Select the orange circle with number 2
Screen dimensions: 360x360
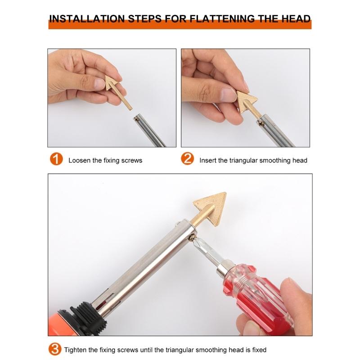188,159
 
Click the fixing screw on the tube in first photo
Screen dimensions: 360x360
136,119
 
